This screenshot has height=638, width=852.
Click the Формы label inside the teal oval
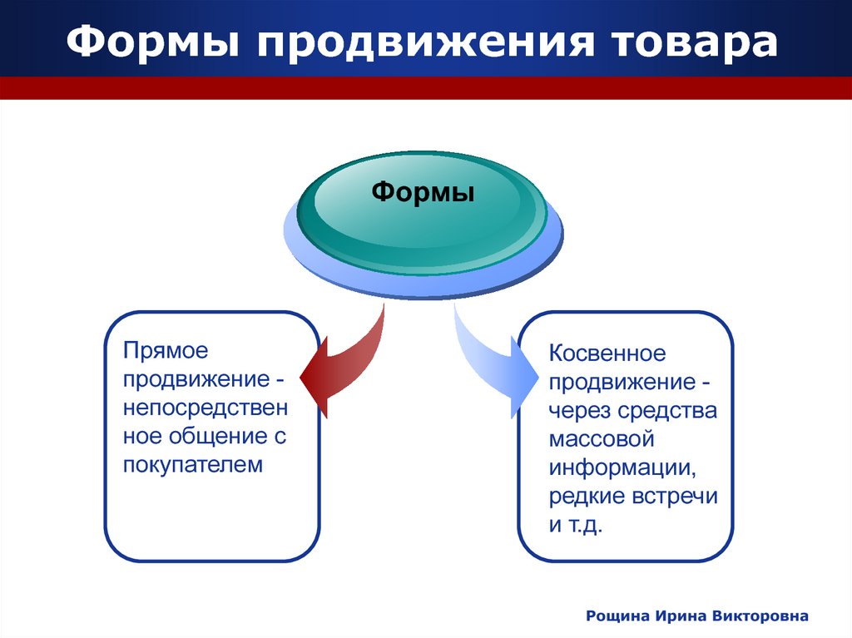click(423, 192)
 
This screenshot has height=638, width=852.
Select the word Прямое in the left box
click(166, 351)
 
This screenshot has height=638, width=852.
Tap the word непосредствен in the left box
click(206, 408)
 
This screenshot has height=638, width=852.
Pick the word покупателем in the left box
click(193, 465)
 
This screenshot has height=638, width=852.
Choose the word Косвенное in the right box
click(607, 354)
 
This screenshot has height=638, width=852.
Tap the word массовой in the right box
click(602, 439)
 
